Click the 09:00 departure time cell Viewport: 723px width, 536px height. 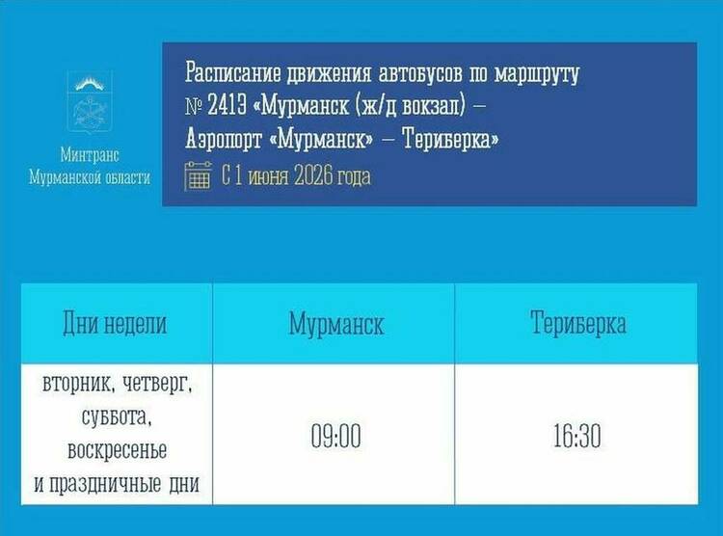click(335, 436)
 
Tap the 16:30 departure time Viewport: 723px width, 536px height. click(576, 436)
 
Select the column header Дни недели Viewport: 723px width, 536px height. click(115, 323)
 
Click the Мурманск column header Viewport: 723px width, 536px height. click(336, 324)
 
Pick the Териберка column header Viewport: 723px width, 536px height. click(578, 322)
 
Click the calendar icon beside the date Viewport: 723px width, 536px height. click(198, 175)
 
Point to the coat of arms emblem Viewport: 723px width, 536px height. click(90, 103)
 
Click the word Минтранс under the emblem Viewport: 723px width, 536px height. click(90, 155)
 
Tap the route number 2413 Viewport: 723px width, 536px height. click(227, 106)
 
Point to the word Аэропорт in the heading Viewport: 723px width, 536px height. click(224, 139)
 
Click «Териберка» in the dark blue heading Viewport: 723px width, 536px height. click(451, 139)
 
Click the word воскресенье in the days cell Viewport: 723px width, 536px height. click(117, 450)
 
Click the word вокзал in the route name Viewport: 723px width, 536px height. click(434, 106)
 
